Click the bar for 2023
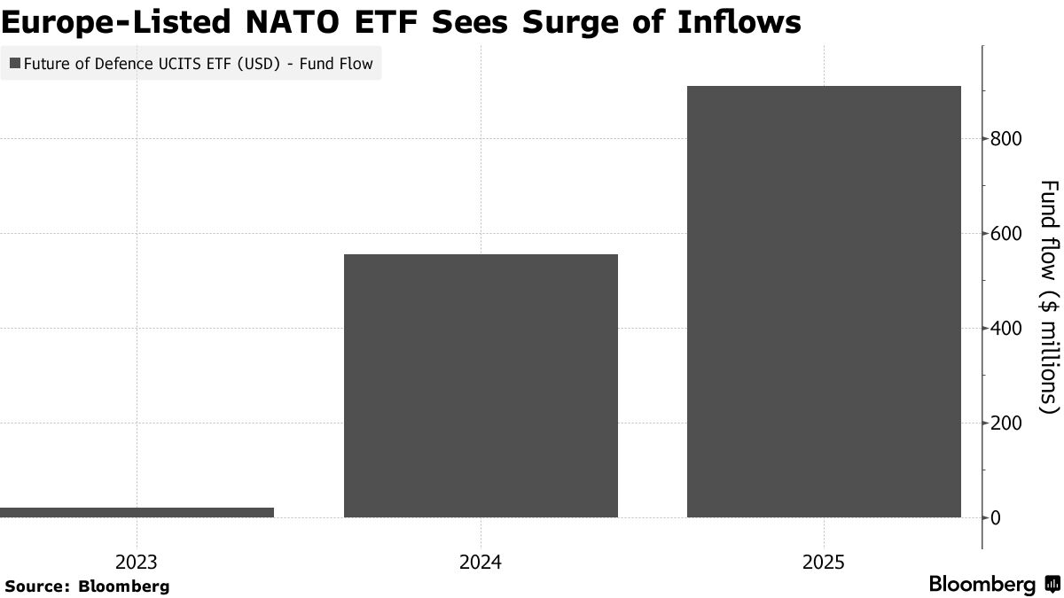(137, 512)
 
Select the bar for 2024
(481, 385)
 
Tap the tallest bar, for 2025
(824, 301)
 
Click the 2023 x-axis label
(137, 563)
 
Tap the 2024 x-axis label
(481, 563)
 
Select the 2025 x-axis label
(824, 563)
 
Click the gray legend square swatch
(15, 64)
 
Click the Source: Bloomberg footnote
(86, 586)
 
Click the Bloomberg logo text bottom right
(982, 585)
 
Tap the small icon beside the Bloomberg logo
(1052, 585)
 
